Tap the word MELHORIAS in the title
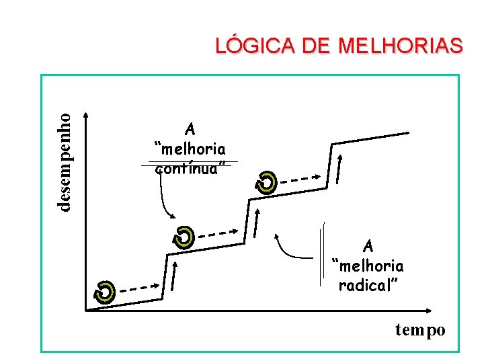coord(401,46)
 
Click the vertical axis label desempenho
coord(64,161)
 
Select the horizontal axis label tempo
coord(420,330)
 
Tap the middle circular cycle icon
coord(183,237)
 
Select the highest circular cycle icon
coord(267,182)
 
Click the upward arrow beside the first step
coord(175,276)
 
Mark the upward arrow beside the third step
coord(339,169)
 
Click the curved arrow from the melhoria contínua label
coord(163,198)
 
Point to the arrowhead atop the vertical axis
coord(85,116)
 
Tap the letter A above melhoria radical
coord(368,245)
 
